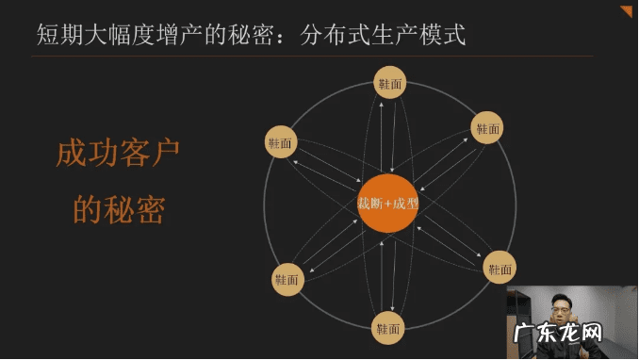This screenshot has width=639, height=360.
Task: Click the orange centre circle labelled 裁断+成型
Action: point(388,204)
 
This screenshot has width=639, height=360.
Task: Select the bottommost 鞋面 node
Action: point(389,328)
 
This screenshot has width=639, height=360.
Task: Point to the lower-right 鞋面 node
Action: point(500,269)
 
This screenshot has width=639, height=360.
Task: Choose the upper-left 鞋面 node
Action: point(281,142)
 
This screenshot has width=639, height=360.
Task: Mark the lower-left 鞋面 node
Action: point(287,279)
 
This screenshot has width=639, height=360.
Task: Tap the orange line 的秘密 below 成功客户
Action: point(118,209)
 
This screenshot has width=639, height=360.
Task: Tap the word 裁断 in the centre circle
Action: point(369,204)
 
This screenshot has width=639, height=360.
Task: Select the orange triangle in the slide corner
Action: point(627,10)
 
